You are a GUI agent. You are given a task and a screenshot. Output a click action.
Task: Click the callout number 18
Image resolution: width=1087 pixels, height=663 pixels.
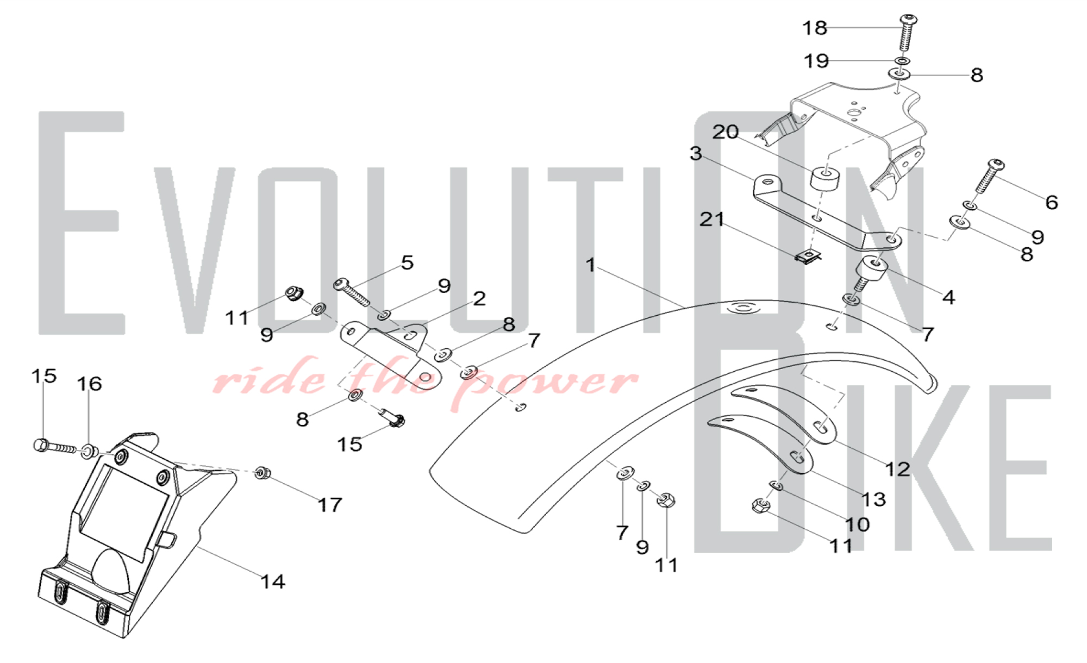815,28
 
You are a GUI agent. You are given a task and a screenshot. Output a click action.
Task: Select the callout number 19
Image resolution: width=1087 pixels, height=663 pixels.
816,61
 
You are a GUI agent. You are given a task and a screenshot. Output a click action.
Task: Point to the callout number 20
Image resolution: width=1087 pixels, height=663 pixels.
726,132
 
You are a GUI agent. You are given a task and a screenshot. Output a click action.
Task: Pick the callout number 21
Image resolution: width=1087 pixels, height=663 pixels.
712,220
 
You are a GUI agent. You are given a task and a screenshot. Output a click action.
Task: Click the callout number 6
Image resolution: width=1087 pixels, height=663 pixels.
1052,203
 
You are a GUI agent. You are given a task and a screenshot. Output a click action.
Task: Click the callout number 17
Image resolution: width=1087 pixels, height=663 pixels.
330,505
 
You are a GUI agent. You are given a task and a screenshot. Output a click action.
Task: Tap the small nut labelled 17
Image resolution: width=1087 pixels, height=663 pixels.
262,473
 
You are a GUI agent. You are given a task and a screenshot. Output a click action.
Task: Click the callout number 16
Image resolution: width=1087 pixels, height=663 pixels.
89,384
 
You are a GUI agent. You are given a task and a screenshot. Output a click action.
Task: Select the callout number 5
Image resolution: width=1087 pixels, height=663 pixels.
408,263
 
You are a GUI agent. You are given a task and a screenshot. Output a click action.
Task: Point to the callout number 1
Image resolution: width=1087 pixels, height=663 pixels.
591,265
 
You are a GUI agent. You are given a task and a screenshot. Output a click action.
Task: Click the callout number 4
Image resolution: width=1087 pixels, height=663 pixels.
948,297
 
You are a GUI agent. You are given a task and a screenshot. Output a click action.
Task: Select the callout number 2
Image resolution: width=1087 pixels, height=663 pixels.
479,299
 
